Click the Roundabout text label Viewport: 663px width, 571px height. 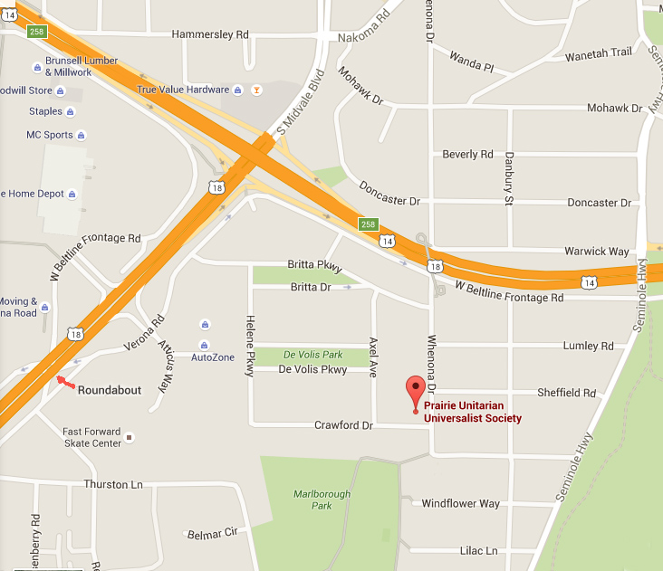tap(110, 390)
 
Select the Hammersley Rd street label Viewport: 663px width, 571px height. tap(210, 34)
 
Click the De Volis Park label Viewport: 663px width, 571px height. tap(312, 355)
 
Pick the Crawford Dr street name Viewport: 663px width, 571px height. tap(343, 424)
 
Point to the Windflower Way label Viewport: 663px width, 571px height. tap(460, 503)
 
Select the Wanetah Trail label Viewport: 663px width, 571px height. tap(598, 53)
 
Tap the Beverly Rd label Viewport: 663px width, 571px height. tap(467, 155)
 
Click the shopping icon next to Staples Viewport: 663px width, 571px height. tap(71, 112)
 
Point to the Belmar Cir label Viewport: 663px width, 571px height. tap(210, 534)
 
